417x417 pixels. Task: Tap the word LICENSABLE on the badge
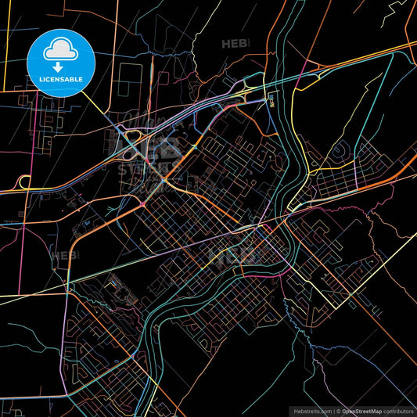coord(59,80)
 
